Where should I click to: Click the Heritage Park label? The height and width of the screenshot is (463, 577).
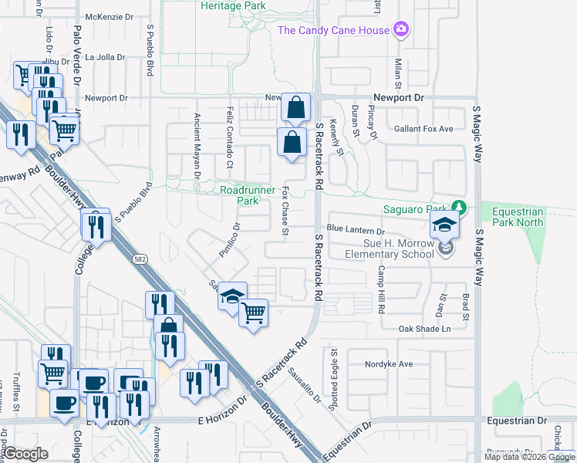(x=233, y=6)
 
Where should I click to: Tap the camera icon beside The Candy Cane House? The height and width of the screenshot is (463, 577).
(x=400, y=30)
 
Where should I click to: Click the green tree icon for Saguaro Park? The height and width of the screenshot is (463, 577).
(x=459, y=208)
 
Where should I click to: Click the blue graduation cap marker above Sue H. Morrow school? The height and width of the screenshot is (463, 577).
(x=445, y=225)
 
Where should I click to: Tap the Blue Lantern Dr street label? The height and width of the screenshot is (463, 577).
(x=355, y=230)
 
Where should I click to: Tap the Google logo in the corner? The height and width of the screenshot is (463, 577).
(x=25, y=453)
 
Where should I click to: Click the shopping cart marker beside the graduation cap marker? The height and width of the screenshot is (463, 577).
(x=253, y=313)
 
